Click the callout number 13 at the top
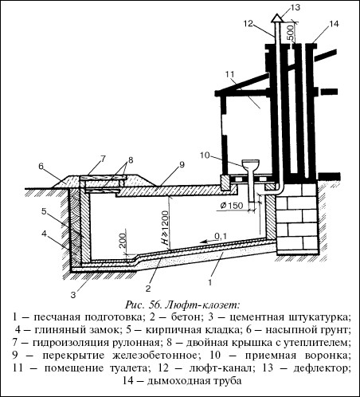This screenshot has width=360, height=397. (x=295, y=7)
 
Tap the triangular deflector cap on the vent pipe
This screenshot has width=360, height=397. (x=277, y=18)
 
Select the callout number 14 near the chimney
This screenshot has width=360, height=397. (x=334, y=24)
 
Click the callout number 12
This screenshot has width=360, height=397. (x=249, y=23)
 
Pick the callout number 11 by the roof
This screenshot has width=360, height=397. (x=230, y=74)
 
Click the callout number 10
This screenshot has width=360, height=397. (x=205, y=155)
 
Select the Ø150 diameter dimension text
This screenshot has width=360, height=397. (x=232, y=206)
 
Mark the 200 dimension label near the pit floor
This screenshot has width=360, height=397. (x=123, y=241)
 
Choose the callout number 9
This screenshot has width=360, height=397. (x=182, y=164)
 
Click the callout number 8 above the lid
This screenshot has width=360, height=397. (x=131, y=160)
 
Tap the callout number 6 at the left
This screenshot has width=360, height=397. (x=41, y=167)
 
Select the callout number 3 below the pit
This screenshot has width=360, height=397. (x=73, y=295)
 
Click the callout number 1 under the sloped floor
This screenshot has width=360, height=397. (x=209, y=282)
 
